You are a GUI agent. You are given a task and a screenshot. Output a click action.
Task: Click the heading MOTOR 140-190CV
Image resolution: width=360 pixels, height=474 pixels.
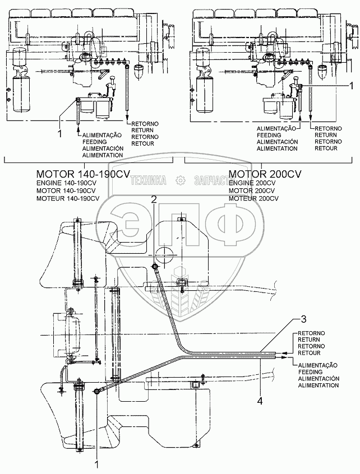(x=76, y=174)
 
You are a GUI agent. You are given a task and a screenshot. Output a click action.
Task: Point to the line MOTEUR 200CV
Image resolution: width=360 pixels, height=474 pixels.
(x=253, y=198)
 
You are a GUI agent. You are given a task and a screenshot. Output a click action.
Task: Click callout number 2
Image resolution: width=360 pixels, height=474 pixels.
(x=154, y=199)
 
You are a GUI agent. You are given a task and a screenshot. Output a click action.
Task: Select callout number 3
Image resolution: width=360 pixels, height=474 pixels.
(x=303, y=319)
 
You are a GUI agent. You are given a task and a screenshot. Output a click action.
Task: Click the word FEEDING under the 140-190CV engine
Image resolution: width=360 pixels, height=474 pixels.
(x=94, y=142)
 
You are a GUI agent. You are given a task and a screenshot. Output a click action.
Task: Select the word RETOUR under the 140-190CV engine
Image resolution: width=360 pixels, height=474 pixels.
(x=141, y=143)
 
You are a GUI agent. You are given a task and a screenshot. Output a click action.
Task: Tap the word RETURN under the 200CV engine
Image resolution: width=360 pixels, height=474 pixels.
(x=326, y=135)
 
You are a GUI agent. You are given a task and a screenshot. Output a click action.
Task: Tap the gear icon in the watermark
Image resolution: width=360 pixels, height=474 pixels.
(x=180, y=180)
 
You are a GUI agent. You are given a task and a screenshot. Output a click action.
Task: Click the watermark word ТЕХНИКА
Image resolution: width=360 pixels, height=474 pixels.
(x=148, y=180)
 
